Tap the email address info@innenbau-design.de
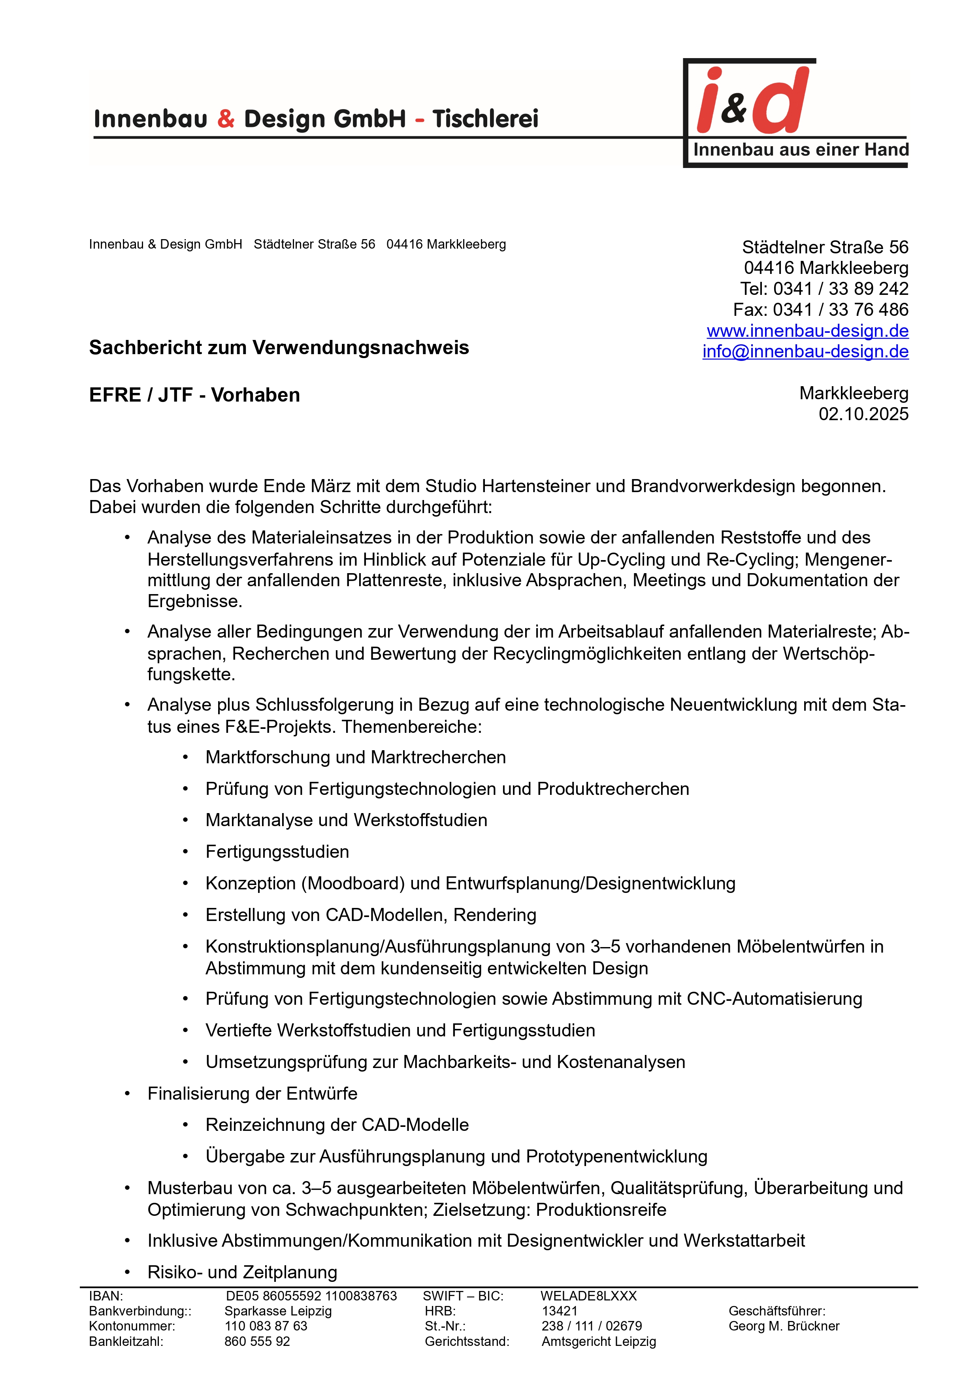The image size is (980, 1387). [x=805, y=351]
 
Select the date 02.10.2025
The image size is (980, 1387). [x=863, y=414]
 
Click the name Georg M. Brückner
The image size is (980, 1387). [x=784, y=1326]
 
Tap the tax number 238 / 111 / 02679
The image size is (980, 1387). [x=591, y=1326]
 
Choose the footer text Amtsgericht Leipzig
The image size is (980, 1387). [x=598, y=1341]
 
